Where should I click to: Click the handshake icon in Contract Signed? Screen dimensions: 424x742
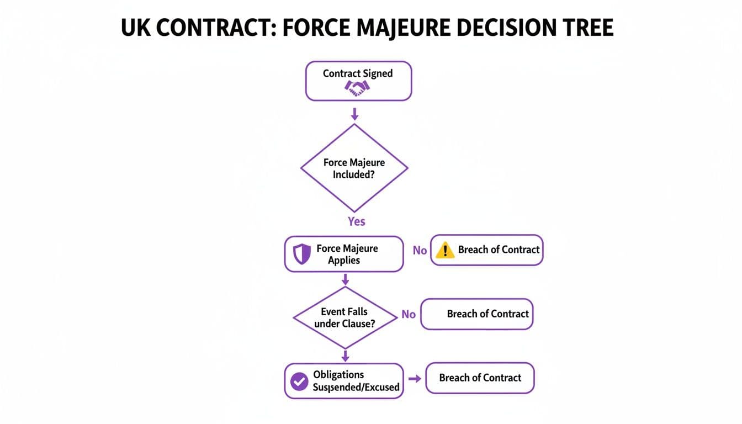358,88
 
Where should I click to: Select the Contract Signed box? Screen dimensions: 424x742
358,81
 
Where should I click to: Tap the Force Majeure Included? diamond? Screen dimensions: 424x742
354,168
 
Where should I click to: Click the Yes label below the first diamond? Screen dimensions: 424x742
357,221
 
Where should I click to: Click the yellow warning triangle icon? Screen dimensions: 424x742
444,251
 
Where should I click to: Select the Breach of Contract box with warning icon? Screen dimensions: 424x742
486,250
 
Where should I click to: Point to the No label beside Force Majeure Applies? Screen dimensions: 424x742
420,251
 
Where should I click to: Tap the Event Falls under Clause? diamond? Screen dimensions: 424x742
344,317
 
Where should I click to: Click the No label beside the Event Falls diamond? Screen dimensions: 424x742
409,314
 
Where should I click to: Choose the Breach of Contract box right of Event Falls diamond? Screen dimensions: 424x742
477,314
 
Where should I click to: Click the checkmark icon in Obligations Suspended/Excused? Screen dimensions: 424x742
299,381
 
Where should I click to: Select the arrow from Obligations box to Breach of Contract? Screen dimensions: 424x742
414,379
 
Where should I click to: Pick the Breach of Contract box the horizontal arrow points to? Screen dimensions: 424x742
480,378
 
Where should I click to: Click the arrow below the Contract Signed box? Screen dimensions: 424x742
355,114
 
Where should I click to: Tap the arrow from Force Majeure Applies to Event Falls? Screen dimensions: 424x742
346,279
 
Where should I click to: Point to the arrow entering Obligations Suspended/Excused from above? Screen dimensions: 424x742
346,356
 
